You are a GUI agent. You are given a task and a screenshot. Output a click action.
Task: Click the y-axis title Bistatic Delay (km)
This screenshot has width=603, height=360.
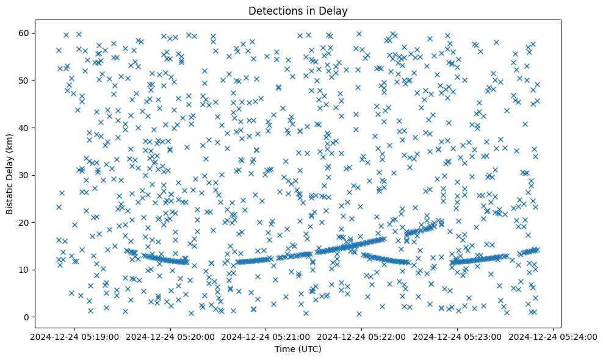tap(10, 174)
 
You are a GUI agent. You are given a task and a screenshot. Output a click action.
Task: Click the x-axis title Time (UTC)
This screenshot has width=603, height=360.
tap(298, 349)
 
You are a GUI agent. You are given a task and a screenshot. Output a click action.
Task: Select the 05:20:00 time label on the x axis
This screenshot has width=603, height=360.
tap(170, 336)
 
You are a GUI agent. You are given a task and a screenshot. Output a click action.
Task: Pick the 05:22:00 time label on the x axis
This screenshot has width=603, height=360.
tap(361, 336)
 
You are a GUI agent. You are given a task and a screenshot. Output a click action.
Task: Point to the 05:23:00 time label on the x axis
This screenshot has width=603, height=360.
tap(457, 336)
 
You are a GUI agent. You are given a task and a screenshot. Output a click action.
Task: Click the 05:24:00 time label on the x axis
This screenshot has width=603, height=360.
tap(553, 336)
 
